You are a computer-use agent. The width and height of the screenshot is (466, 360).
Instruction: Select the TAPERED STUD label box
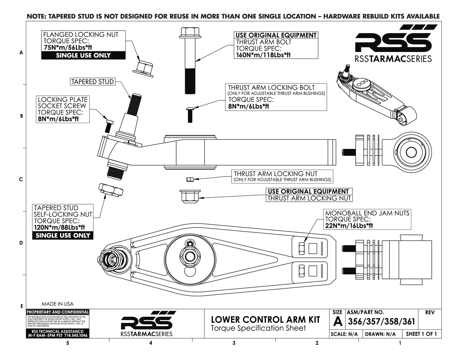(x=92, y=82)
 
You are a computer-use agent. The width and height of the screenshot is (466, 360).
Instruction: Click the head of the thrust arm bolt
(x=190, y=32)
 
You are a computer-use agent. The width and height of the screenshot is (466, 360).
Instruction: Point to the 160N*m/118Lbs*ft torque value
(x=263, y=55)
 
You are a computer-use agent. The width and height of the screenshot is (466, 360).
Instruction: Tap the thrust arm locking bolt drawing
(x=190, y=114)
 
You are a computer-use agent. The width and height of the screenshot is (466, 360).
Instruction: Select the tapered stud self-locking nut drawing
(x=111, y=189)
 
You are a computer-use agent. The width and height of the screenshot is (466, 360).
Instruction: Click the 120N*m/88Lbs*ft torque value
(x=62, y=228)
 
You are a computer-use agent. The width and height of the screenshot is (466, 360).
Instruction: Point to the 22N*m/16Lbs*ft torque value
(x=349, y=226)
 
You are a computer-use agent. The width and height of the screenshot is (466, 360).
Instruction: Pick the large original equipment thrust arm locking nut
(x=189, y=196)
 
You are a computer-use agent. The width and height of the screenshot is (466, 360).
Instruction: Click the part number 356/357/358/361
(x=381, y=321)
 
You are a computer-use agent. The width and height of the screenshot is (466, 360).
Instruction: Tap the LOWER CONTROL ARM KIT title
(x=265, y=320)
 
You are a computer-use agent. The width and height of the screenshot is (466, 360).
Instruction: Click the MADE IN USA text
(x=58, y=304)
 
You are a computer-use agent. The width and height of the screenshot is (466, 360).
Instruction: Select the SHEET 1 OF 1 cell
(x=421, y=334)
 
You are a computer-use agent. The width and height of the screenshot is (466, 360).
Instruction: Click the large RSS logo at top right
(x=393, y=43)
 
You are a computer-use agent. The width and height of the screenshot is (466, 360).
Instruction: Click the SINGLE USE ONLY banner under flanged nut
(x=83, y=56)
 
